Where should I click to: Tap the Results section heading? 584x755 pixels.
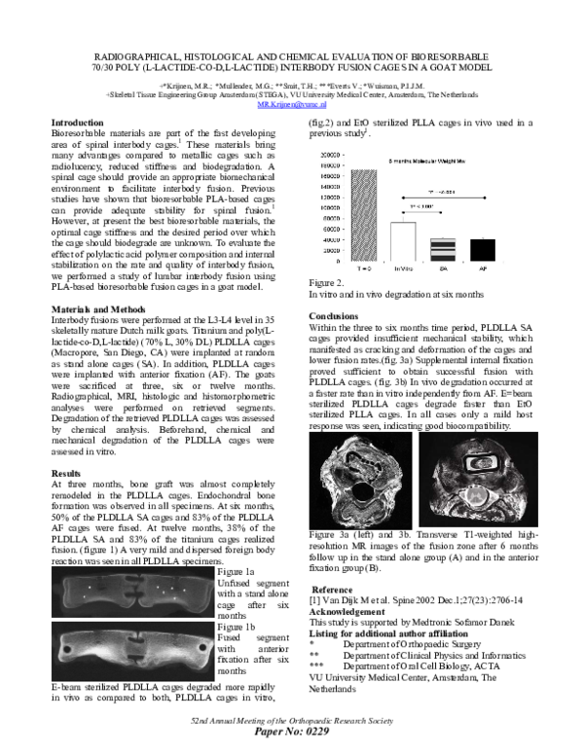(x=66, y=472)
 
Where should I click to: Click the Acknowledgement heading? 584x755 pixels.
(x=354, y=612)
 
